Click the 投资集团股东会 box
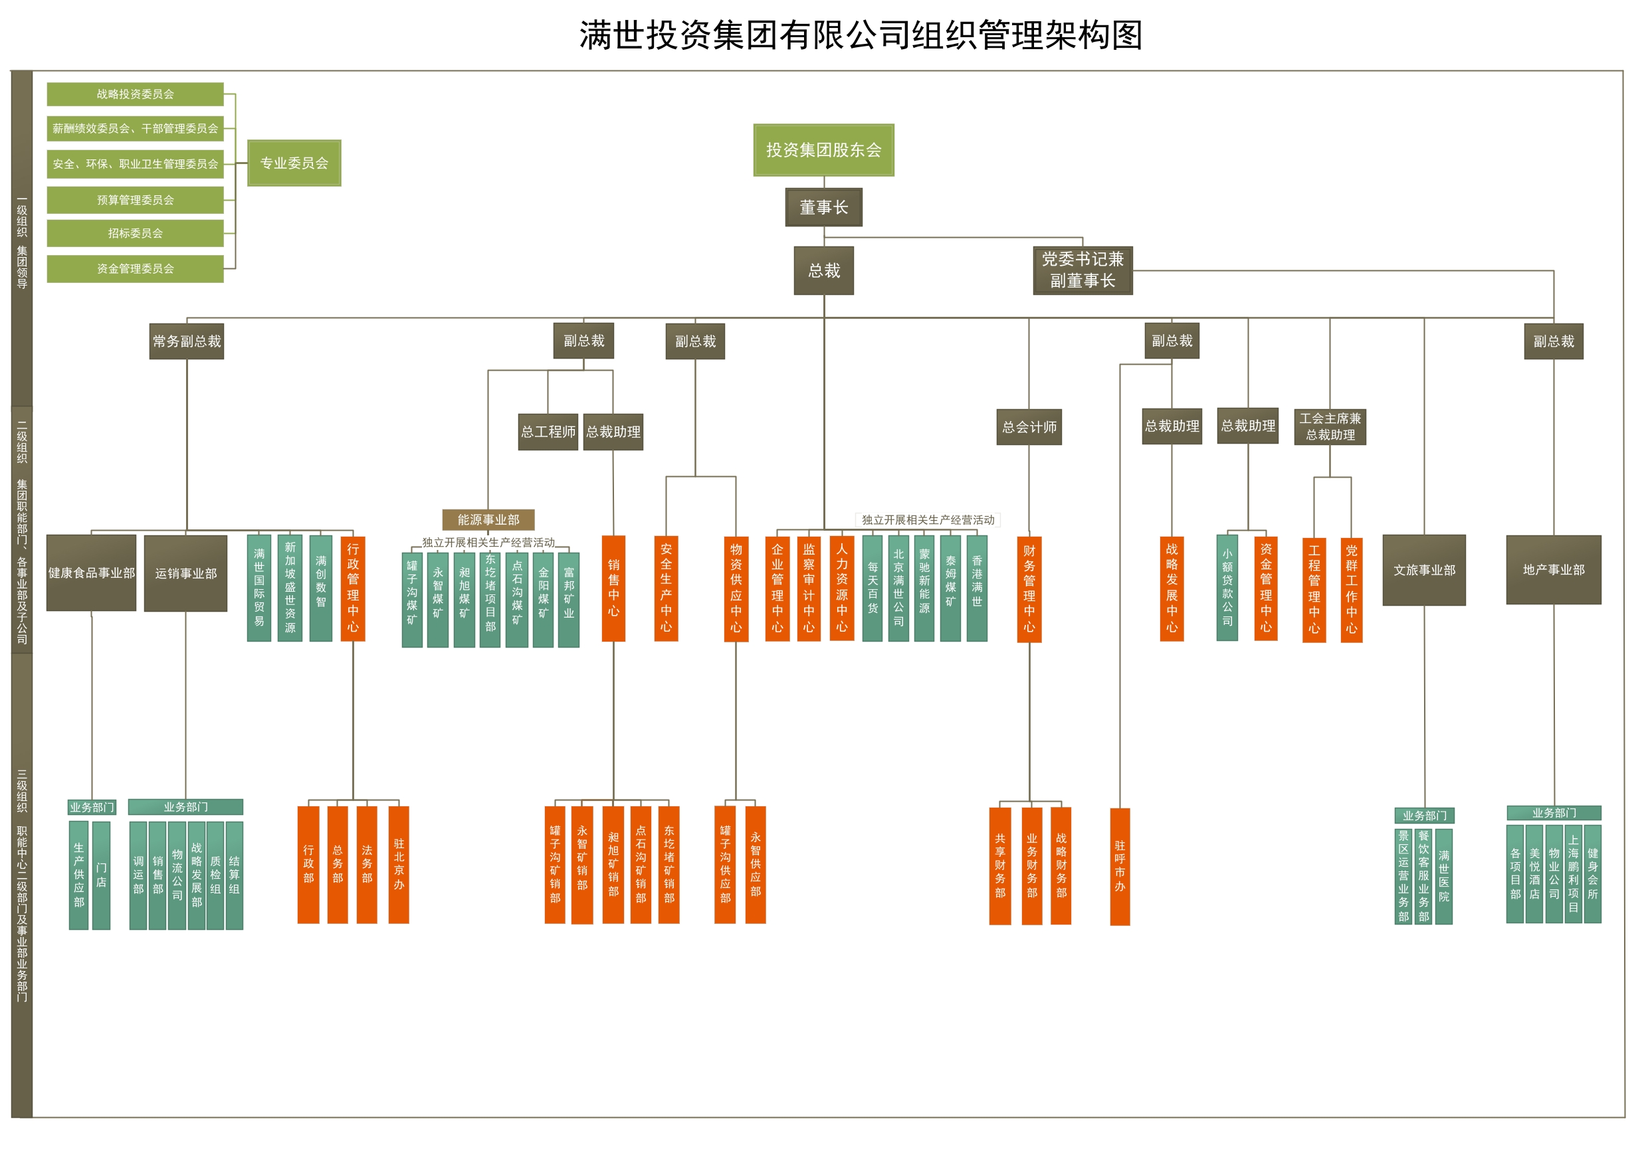(x=823, y=150)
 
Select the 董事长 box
(x=823, y=207)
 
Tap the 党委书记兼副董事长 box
(x=1082, y=270)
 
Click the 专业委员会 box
(x=294, y=163)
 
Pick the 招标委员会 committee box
(x=135, y=233)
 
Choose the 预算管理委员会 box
(x=135, y=200)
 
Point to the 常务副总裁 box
(x=187, y=341)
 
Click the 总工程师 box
(x=548, y=432)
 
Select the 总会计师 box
(x=1029, y=428)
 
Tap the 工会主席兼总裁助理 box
(x=1329, y=427)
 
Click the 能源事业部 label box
(x=488, y=519)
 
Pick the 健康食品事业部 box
(x=91, y=573)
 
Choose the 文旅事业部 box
(x=1424, y=571)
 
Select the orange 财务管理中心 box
(x=1029, y=589)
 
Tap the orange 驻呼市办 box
(x=1120, y=867)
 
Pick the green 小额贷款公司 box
(x=1227, y=588)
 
